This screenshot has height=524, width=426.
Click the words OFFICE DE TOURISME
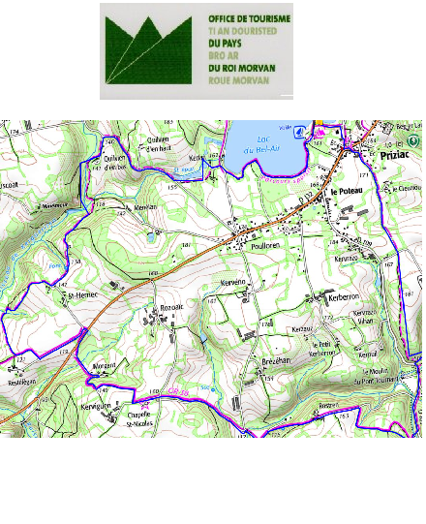point(249,18)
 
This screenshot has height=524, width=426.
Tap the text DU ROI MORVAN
point(242,68)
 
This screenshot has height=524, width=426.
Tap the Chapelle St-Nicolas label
point(143,420)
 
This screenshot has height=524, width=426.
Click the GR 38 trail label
point(177,390)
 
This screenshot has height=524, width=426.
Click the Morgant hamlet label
point(103,364)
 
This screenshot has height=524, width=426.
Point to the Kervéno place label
point(233,283)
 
